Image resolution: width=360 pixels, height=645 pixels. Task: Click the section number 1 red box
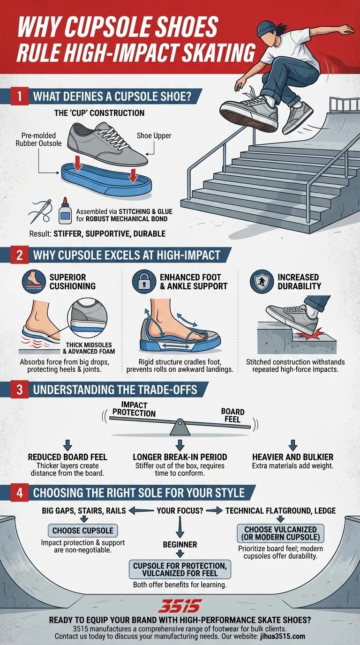19,97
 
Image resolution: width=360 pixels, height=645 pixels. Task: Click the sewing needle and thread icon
41,210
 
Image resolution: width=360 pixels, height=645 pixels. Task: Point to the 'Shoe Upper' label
153,135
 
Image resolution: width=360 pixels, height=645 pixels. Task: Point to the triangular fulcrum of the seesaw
180,428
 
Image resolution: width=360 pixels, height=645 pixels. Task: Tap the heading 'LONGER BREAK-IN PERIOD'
180,457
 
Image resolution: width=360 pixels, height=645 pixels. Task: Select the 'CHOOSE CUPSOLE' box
83,531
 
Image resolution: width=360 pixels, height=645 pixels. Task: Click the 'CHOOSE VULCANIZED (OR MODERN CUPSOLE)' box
281,533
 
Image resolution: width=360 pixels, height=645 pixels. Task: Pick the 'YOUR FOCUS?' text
180,510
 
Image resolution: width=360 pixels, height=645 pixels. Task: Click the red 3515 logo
180,606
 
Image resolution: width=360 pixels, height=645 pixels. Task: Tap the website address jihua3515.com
280,636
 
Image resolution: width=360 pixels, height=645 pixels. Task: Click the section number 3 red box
19,389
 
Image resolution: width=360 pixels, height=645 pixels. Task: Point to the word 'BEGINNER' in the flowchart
180,545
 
